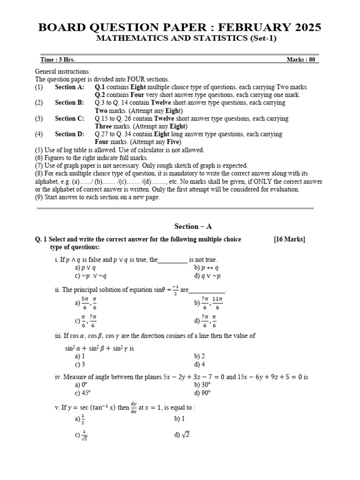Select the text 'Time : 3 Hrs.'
click(57, 60)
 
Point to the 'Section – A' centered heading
click(193, 226)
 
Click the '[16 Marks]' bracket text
click(289, 240)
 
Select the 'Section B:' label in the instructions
click(69, 103)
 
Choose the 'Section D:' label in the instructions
click(69, 134)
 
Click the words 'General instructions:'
click(63, 72)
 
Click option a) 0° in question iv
click(82, 385)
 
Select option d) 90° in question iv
click(202, 393)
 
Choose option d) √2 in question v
click(181, 435)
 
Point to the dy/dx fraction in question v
click(134, 408)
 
